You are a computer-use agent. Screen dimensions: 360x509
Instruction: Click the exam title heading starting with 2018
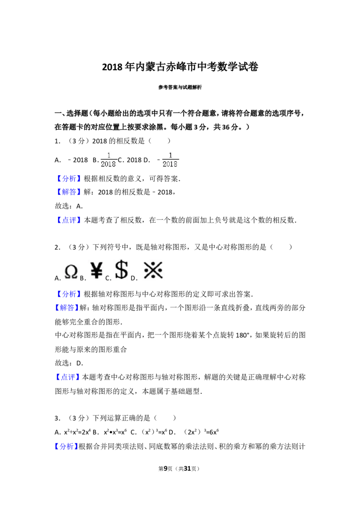pos(180,67)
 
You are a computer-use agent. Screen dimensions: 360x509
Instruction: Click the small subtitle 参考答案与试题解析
pos(180,87)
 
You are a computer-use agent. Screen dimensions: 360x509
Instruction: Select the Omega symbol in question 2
pos(71,272)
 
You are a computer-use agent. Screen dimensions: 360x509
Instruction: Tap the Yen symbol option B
pos(96,270)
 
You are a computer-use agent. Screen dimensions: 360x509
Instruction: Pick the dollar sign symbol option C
pos(121,270)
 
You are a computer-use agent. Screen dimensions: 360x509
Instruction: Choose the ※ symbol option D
pos(153,270)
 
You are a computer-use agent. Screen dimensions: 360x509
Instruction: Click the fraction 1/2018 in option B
pos(108,160)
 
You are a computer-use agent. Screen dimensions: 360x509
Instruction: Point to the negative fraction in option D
pos(168,160)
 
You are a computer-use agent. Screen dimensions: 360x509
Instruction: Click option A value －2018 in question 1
pos(77,160)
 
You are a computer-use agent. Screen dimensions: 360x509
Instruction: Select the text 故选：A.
pos(69,206)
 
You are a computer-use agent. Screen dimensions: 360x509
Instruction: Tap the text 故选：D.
pos(69,363)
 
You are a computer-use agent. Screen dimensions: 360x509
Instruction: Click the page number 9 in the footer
pos(166,469)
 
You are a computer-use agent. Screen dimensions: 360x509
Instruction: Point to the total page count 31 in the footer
pos(187,469)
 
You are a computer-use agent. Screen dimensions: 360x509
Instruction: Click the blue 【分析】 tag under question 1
pos(69,179)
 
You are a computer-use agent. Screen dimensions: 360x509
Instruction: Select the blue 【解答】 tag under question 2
pos(66,308)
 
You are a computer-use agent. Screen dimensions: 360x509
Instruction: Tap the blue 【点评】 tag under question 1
pos(69,220)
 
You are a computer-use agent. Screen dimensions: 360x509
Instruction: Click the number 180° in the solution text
pos(242,335)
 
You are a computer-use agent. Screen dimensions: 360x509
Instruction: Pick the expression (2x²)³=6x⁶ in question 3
pos(202,432)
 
